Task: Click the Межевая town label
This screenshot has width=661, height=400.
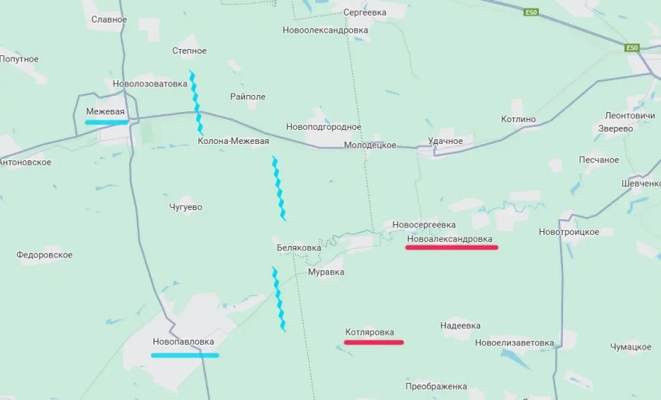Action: click(105, 112)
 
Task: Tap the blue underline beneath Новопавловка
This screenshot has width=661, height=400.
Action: click(185, 356)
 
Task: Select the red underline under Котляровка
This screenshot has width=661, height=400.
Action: click(373, 342)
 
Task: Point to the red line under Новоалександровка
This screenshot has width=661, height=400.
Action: click(451, 247)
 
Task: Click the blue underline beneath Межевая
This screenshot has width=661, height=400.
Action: click(106, 123)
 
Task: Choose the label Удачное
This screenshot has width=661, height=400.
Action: click(446, 141)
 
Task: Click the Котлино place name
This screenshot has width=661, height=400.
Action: click(519, 119)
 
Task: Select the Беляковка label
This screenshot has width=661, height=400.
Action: click(299, 248)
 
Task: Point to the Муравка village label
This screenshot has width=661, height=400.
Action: click(326, 272)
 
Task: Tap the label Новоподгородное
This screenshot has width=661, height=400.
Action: click(324, 127)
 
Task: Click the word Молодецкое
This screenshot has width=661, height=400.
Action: click(370, 146)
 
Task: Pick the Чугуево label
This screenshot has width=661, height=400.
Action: click(186, 207)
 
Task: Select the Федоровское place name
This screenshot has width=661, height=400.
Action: click(44, 255)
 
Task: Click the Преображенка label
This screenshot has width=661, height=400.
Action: click(436, 387)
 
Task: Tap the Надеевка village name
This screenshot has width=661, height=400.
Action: click(460, 326)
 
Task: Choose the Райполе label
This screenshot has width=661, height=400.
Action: click(248, 96)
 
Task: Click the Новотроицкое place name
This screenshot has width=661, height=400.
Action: click(569, 232)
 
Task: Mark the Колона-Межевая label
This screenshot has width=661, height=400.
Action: click(233, 142)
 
